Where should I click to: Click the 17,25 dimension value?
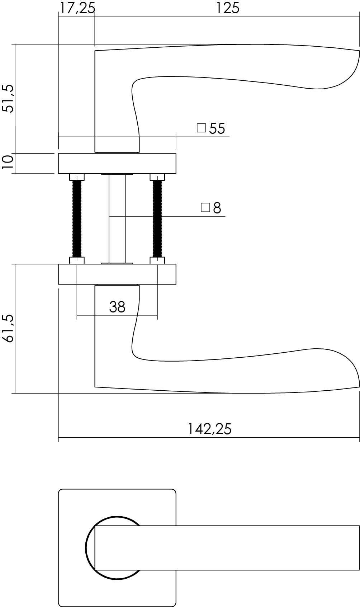click(x=77, y=8)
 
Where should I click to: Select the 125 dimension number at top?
click(x=227, y=8)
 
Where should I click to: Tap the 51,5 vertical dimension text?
click(x=8, y=98)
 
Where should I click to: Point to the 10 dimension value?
click(x=8, y=163)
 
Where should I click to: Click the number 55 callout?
click(x=217, y=128)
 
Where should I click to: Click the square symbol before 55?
click(x=202, y=128)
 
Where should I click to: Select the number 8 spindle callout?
click(x=217, y=208)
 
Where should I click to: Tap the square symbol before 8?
click(x=205, y=207)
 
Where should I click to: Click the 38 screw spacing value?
click(x=117, y=307)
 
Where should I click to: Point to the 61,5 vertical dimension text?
click(x=8, y=328)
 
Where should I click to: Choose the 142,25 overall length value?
click(x=210, y=429)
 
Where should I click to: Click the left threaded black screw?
click(x=77, y=219)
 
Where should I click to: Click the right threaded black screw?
click(x=157, y=219)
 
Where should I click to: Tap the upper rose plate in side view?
click(x=117, y=164)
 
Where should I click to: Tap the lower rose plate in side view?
click(x=117, y=274)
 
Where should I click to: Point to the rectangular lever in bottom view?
click(x=229, y=548)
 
